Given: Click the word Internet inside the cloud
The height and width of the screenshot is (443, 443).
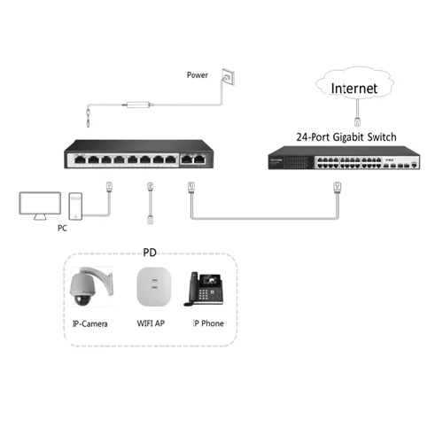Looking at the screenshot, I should point(354,89).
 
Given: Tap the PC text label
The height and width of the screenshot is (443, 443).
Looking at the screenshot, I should point(60,229).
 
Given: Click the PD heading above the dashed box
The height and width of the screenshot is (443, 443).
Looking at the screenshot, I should point(151,252).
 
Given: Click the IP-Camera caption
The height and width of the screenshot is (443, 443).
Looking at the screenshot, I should point(89,323).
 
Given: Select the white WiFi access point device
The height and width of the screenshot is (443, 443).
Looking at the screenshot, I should point(150,288).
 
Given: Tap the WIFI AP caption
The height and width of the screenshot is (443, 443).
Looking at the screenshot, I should point(150,323).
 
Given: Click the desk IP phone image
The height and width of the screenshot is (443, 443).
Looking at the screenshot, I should point(204,288).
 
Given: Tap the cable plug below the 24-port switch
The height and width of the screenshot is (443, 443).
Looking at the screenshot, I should point(336,188).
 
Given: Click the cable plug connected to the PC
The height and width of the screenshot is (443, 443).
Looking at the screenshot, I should point(108,188).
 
